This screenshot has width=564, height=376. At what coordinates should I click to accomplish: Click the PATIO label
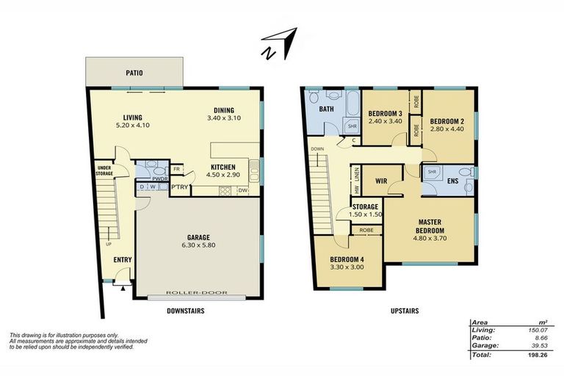(x=134, y=73)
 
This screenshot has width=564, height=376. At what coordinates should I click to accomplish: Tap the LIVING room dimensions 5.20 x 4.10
(x=133, y=126)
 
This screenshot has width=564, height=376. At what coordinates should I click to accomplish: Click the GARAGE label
(x=198, y=237)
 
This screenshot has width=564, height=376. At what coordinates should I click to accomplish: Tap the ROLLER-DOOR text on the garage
(x=196, y=293)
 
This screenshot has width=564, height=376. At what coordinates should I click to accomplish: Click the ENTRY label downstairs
(x=122, y=260)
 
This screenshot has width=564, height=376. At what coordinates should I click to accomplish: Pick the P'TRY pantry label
(x=180, y=187)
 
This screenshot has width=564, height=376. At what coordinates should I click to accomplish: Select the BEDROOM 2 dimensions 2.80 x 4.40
(x=447, y=130)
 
